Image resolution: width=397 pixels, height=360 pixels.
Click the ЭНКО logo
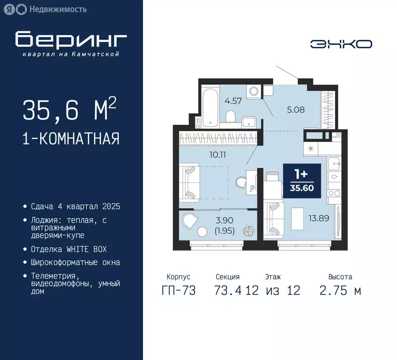click(x=341, y=44)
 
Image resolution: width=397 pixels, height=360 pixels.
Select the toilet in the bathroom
click(x=231, y=116)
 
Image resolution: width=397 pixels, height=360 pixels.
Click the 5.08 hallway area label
click(x=296, y=111)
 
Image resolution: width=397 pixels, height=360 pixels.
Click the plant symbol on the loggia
click(x=247, y=231)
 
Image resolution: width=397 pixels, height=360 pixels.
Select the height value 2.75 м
click(x=340, y=291)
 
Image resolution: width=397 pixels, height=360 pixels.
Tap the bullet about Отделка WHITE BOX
click(x=68, y=249)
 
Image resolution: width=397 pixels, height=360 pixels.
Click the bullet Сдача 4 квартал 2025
click(x=75, y=207)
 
